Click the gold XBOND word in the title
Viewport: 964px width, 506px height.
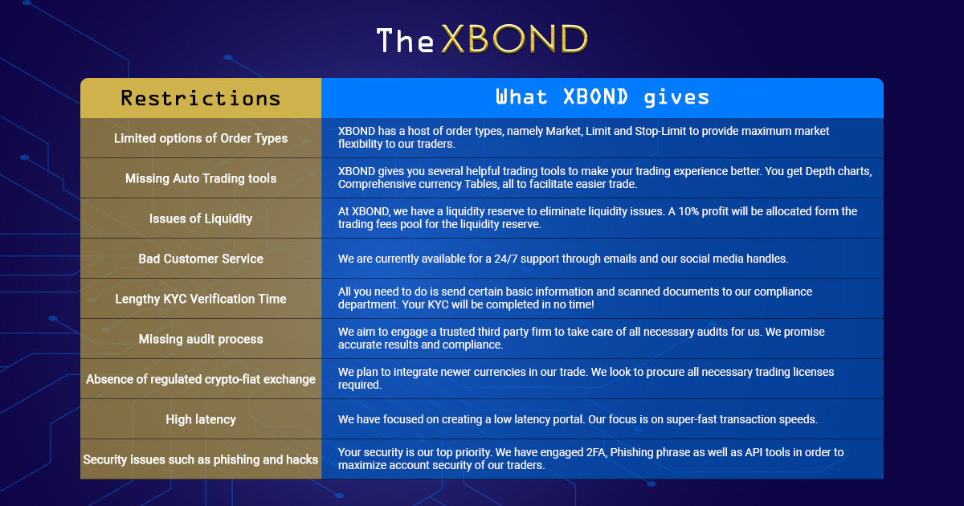coord(514,39)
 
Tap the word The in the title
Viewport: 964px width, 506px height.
coord(405,40)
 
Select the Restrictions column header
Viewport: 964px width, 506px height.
coord(201,98)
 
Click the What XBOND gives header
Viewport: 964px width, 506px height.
coord(602,97)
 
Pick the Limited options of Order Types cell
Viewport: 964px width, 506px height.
coord(201,138)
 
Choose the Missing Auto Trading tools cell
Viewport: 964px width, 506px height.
coord(201,178)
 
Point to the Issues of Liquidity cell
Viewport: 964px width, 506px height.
coord(201,218)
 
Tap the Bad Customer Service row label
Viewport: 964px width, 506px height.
coord(201,259)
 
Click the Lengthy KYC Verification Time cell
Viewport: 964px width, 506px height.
coord(201,299)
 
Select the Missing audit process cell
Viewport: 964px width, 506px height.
coord(201,339)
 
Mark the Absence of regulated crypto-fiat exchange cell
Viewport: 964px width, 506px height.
coord(201,379)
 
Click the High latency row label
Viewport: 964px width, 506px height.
coord(201,419)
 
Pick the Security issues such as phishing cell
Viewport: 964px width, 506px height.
coord(201,459)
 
